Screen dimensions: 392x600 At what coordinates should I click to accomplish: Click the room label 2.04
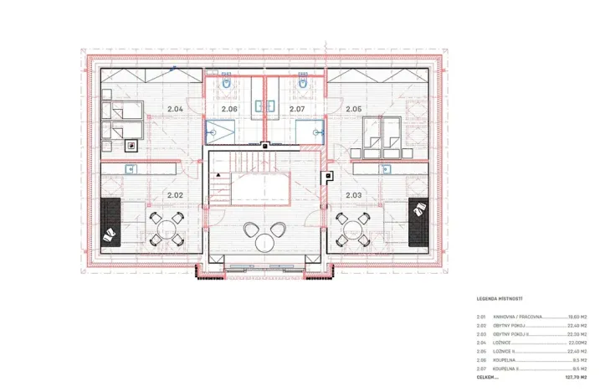point(174,109)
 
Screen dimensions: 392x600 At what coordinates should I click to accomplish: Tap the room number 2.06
point(229,109)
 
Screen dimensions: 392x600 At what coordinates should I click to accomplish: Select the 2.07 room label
point(297,109)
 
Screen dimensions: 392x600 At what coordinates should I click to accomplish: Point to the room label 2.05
point(353,109)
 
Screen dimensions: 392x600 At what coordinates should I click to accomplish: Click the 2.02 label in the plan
point(174,195)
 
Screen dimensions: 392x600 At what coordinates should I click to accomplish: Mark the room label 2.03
point(353,195)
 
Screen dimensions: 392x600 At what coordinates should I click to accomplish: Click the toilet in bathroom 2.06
point(227,83)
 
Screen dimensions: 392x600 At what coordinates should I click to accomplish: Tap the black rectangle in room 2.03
point(417,224)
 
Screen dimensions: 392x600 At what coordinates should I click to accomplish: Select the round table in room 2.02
point(166,228)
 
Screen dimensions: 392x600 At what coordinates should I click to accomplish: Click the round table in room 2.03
point(352,228)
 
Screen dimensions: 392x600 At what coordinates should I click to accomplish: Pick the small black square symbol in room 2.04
point(131,145)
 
